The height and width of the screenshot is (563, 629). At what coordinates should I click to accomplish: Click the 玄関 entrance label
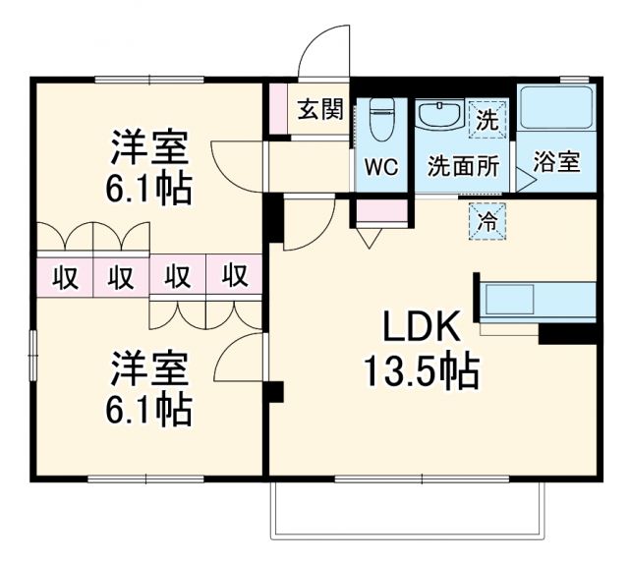pos(319,109)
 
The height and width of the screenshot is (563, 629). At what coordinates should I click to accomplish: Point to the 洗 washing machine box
pos(486,119)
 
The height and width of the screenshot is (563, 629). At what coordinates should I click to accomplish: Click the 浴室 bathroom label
pos(556,163)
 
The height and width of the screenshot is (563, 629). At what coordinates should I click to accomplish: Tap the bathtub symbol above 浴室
pos(556,110)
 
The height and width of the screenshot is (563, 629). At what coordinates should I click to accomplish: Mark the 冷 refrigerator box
pos(486,221)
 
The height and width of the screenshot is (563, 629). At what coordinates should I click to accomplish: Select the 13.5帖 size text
pos(421,371)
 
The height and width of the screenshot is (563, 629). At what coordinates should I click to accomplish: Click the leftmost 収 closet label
pos(65,276)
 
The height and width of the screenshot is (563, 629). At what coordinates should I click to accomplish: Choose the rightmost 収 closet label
pos(234,276)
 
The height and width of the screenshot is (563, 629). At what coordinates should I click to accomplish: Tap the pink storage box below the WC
pos(378,212)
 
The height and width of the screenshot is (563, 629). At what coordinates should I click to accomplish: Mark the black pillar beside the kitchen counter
pos(568,335)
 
